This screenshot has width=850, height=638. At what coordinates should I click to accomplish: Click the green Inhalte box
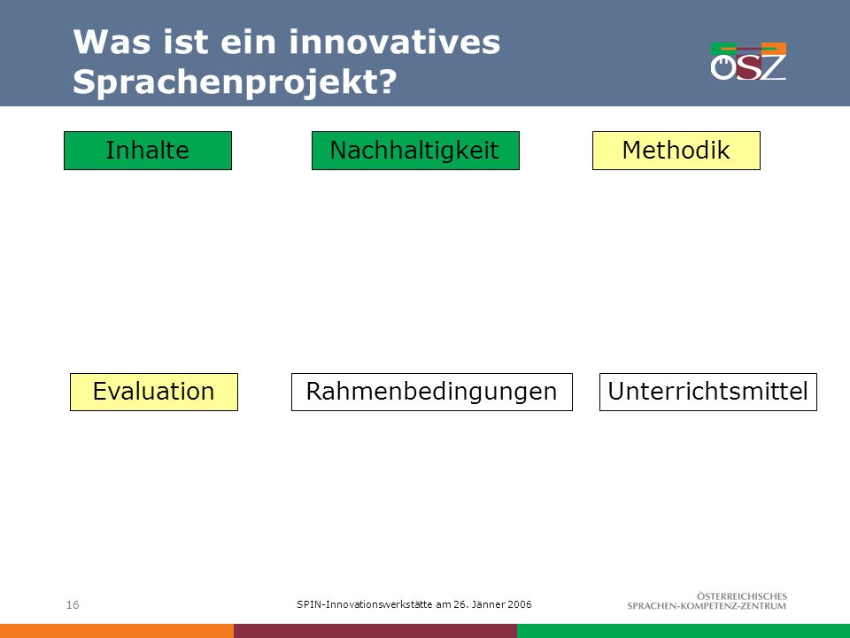click(148, 151)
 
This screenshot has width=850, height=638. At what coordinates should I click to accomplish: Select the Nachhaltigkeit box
click(415, 151)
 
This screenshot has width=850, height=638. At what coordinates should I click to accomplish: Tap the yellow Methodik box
click(676, 151)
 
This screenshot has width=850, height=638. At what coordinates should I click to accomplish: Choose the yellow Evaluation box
click(154, 392)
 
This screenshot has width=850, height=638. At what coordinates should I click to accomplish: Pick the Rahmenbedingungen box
click(432, 392)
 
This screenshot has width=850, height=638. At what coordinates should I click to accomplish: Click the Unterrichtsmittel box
click(708, 392)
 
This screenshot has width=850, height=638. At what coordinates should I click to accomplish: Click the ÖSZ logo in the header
click(748, 61)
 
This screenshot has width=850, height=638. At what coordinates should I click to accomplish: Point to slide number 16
click(73, 605)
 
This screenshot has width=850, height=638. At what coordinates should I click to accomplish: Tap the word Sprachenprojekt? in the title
click(235, 82)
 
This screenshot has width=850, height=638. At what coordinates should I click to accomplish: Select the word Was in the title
click(112, 42)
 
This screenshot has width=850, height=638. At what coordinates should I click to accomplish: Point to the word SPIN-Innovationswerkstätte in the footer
click(364, 604)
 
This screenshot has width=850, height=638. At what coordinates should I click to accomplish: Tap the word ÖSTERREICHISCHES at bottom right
click(742, 596)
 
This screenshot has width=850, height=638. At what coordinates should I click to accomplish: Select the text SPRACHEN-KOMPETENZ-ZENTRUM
click(707, 606)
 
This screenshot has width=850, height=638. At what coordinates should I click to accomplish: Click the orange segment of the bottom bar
click(117, 631)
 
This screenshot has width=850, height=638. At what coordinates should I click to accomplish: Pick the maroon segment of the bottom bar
click(375, 631)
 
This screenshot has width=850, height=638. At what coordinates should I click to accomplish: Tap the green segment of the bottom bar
click(684, 631)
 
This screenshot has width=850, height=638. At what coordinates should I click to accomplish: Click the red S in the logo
click(749, 67)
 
